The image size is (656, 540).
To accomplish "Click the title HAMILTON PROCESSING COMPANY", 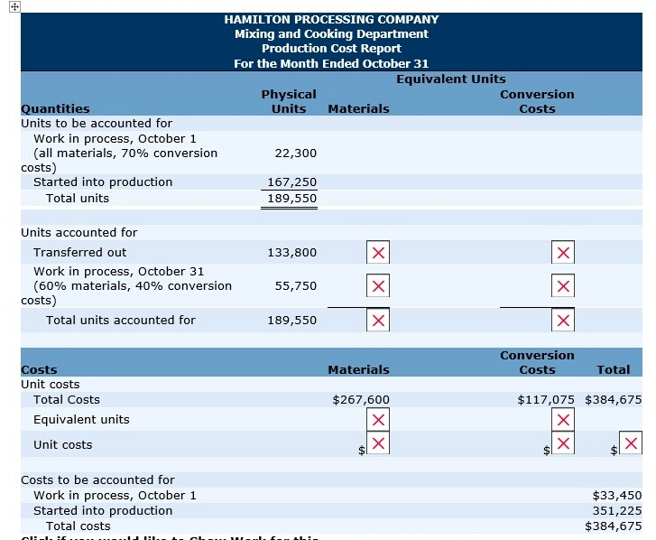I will (x=331, y=19).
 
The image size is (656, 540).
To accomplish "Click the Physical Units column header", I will (x=289, y=101).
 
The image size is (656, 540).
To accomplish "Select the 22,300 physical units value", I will (x=295, y=154).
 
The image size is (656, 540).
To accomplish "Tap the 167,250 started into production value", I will (x=291, y=182).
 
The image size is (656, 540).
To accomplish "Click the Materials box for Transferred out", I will (x=378, y=253).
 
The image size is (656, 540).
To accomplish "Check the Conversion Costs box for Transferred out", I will (x=564, y=253).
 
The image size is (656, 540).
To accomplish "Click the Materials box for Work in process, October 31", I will (x=378, y=286).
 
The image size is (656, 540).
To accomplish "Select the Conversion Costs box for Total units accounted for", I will (x=564, y=321).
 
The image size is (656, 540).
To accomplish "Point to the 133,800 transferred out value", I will (x=291, y=253).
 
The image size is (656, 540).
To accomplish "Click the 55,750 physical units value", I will (x=295, y=286).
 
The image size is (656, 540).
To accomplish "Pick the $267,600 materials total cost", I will (x=361, y=400).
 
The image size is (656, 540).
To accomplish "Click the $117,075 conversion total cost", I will (x=547, y=400).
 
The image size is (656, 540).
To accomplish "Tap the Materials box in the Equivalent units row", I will (x=378, y=420).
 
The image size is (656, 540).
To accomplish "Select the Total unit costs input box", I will (x=632, y=442).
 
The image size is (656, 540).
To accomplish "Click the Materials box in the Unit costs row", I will (x=378, y=442).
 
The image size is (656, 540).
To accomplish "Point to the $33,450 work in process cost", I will (x=616, y=495).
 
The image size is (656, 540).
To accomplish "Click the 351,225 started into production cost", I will (x=616, y=510).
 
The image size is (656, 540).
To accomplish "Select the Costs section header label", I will (x=39, y=370).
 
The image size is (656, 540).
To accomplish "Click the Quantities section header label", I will (x=55, y=109).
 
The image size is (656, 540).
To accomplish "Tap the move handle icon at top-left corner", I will (x=7, y=6).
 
